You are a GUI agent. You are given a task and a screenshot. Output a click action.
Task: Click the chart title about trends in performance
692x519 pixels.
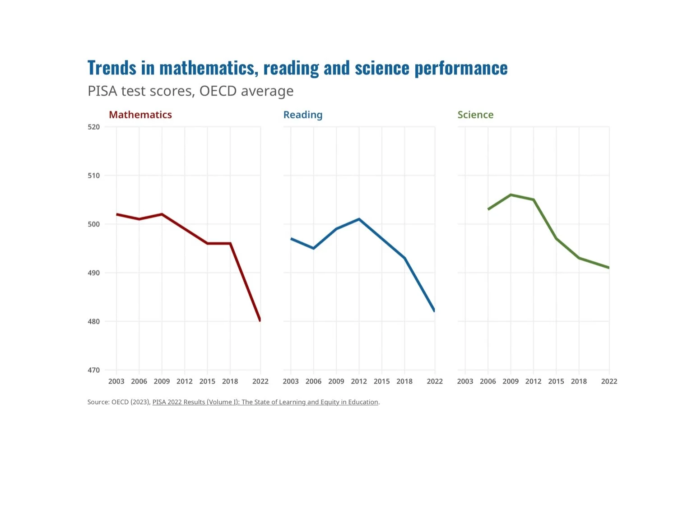coord(297,67)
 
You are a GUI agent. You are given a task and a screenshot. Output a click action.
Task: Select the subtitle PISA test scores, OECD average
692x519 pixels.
coord(190,91)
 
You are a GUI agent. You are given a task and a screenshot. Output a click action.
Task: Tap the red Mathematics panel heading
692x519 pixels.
coord(140,114)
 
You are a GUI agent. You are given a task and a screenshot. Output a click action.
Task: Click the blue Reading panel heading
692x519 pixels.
coord(302,115)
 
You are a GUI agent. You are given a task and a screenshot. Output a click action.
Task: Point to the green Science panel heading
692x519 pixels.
coord(475,114)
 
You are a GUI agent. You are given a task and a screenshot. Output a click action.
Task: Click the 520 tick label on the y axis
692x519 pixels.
coord(93,127)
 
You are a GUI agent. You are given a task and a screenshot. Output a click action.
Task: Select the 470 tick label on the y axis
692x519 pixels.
coord(93,370)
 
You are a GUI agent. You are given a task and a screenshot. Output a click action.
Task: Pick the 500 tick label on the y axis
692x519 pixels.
coord(93,224)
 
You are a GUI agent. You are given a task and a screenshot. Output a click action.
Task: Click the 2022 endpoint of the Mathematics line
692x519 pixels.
coord(260,320)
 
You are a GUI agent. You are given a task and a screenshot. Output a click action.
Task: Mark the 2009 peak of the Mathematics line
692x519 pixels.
coord(162,214)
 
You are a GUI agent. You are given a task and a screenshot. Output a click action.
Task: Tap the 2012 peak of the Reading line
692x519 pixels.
coord(359,219)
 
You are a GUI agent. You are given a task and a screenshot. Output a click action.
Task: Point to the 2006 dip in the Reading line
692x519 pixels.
coord(313,248)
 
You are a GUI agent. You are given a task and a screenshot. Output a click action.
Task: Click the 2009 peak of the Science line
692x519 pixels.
coord(511,195)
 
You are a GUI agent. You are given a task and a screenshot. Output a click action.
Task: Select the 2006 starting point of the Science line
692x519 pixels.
coord(488,209)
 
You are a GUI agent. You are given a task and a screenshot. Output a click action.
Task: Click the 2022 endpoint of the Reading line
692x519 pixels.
coord(434,310)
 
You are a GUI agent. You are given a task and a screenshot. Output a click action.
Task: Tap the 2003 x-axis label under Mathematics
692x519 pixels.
coord(116,381)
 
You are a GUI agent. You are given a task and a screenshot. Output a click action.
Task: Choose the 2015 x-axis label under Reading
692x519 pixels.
coord(381,381)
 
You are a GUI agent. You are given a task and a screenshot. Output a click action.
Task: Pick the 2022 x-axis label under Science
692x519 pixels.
coord(609,381)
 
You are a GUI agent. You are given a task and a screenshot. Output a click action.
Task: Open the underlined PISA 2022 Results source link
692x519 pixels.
coord(265,402)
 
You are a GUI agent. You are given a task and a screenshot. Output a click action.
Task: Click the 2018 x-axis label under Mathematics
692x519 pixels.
coord(230,381)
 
